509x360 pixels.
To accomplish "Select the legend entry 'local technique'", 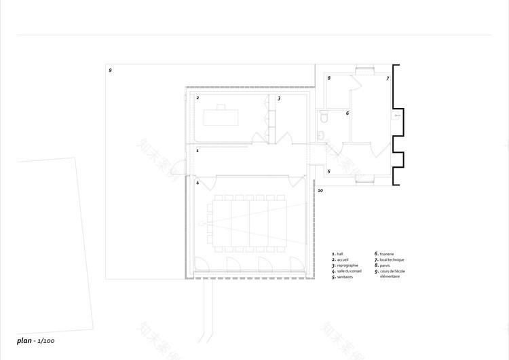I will (x=391, y=259).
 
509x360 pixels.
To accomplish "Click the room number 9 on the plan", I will (x=110, y=71).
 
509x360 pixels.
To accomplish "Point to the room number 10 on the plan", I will (x=320, y=191).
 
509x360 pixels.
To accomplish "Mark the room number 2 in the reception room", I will (x=197, y=98).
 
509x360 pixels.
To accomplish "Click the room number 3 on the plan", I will (x=279, y=98).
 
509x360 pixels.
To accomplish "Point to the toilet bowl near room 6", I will (x=324, y=118).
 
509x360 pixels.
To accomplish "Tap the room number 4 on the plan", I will (x=197, y=183).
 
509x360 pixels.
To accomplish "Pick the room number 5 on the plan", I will (x=329, y=172).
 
